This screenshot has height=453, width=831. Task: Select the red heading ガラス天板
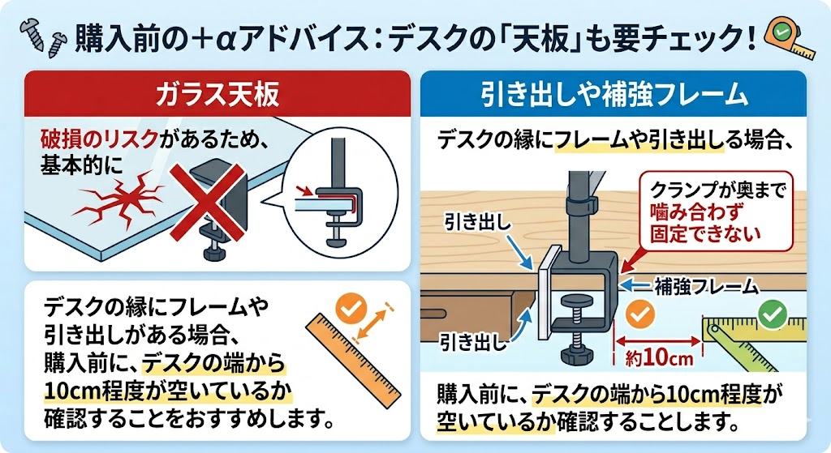tap(217, 95)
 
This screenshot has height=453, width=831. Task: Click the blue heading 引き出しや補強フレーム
tap(614, 96)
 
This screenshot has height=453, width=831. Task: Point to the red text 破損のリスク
tap(99, 139)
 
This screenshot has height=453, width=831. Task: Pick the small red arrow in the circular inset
tap(306, 190)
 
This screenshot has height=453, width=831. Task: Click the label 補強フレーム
tap(707, 287)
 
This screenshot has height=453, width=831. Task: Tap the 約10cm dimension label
tap(659, 357)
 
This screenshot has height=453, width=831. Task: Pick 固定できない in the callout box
tap(705, 233)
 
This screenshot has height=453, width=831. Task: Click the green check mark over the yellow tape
tap(773, 314)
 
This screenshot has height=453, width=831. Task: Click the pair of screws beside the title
tap(41, 37)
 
